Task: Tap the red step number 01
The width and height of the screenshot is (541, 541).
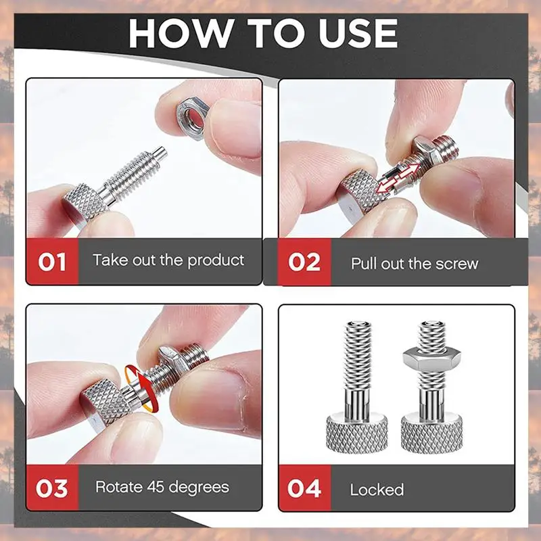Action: [x=52, y=262]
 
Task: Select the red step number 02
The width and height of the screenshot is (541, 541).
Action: [x=304, y=262]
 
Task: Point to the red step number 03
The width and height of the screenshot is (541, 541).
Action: [x=52, y=488]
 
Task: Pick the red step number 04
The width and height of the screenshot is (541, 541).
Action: [x=304, y=488]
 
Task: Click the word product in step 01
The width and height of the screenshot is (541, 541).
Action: [x=216, y=260]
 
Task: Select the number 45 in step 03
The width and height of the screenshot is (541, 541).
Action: [x=156, y=487]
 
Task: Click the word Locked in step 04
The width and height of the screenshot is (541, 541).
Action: [x=377, y=490]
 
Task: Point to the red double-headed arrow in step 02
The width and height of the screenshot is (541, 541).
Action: [x=398, y=178]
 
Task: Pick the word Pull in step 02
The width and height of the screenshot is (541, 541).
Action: [x=363, y=264]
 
